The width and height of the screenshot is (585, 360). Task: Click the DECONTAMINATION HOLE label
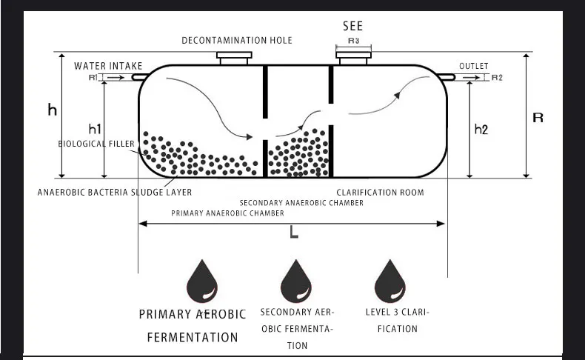coord(237,41)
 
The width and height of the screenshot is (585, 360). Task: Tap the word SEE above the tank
coord(352,26)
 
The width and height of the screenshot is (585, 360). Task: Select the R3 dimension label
coord(353,41)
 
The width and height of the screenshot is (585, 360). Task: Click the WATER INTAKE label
coord(108,66)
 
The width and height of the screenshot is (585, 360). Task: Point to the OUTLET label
coord(474,66)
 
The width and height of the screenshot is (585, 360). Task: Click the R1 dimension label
coord(93,77)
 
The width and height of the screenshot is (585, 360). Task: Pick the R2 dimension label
coord(497,77)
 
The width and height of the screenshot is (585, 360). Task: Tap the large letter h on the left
coord(52,110)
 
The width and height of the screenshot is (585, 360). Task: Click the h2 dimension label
coord(481,130)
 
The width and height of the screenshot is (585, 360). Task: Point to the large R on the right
coord(538,118)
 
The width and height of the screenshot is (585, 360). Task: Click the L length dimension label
coord(294,233)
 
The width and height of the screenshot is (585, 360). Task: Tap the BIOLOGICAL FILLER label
coord(97,144)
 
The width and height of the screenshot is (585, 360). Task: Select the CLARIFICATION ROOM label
coord(380,193)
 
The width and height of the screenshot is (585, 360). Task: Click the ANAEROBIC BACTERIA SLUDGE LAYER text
coord(115,193)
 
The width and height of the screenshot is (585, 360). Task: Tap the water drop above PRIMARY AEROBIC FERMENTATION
coord(201,281)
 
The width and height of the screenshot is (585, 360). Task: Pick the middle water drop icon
coord(296,281)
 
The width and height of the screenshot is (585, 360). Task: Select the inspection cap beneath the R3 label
coord(353,55)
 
